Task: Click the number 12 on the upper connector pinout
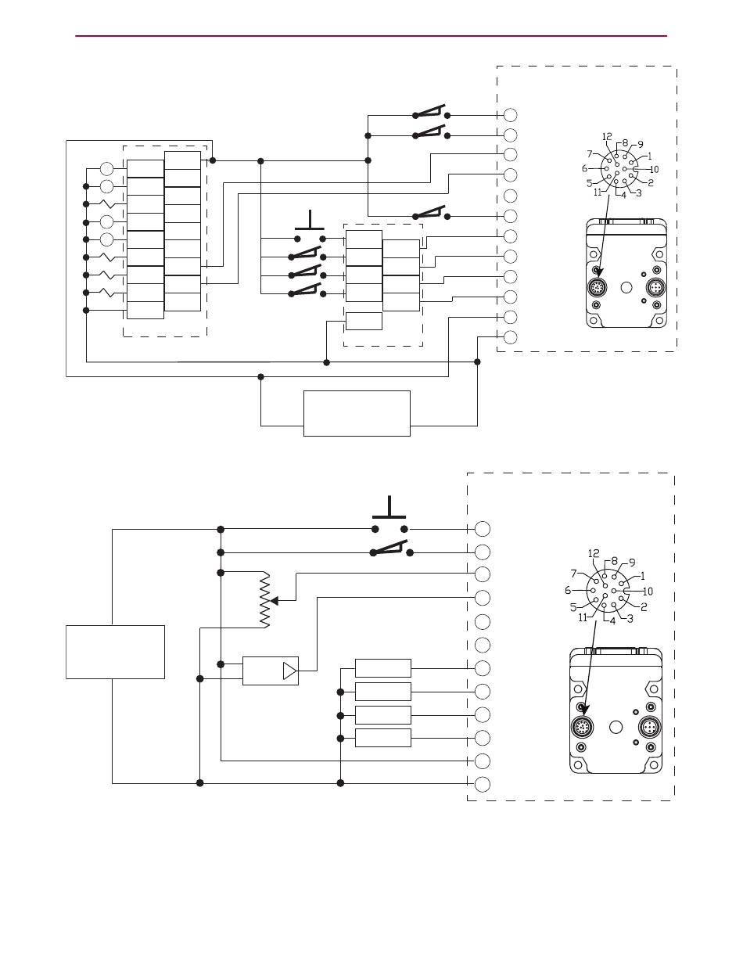coord(607,136)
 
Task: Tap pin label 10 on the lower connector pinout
coord(648,592)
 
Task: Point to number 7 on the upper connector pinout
coord(590,154)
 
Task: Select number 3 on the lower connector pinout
coord(630,619)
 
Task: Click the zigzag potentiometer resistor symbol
coord(265,599)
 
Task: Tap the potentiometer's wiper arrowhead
coord(275,601)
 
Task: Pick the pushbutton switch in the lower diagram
coord(389,515)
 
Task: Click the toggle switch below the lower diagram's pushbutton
coord(392,548)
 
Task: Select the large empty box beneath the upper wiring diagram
coord(357,413)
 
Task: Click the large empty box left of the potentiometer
coord(115,652)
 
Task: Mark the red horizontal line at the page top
coord(371,36)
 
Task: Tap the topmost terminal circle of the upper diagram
coord(511,115)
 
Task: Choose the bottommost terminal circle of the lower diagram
coord(483,784)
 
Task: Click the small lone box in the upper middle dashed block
coord(364,321)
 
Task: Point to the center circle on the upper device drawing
coord(626,287)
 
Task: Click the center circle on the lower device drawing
coord(616,727)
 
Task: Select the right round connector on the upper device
coord(655,286)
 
